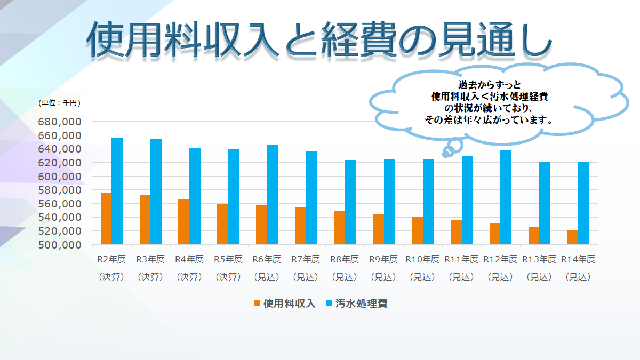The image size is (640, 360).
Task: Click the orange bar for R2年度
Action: [x=106, y=219]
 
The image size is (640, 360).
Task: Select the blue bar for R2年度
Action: [x=117, y=191]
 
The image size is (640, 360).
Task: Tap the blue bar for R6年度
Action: [x=273, y=195]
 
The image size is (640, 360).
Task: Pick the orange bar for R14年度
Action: [x=572, y=237]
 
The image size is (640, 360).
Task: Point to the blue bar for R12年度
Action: [x=506, y=197]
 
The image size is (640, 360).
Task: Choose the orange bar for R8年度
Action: [x=339, y=228]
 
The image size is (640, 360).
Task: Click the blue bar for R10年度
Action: [x=428, y=202]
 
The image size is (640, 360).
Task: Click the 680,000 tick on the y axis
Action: [x=59, y=122]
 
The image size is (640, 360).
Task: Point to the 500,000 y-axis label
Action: [x=59, y=245]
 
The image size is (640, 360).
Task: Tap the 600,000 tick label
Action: [x=59, y=177]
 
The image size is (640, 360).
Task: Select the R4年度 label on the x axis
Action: [x=189, y=260]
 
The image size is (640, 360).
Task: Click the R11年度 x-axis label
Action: [x=461, y=260]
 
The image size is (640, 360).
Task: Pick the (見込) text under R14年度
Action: [x=578, y=277]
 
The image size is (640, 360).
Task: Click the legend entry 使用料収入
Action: [x=285, y=303]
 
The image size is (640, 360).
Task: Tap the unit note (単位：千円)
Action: [x=59, y=102]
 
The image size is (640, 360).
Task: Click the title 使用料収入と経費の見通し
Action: [x=319, y=40]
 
